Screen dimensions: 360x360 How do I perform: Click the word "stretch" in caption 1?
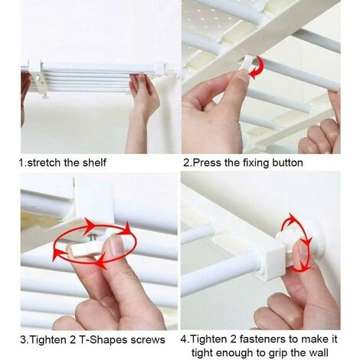pyautogui.click(x=44, y=162)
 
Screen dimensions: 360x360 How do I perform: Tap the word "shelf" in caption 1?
pyautogui.click(x=94, y=162)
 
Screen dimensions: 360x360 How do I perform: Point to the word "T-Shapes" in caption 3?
pyautogui.click(x=103, y=339)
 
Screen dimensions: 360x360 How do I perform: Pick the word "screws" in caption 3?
pyautogui.click(x=148, y=340)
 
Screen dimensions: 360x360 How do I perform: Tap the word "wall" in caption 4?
pyautogui.click(x=319, y=353)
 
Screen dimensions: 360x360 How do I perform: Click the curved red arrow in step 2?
pyautogui.click(x=258, y=67)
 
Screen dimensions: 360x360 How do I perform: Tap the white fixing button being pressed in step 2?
pyautogui.click(x=247, y=64)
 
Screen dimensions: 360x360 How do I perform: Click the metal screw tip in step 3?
pyautogui.click(x=91, y=238)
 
